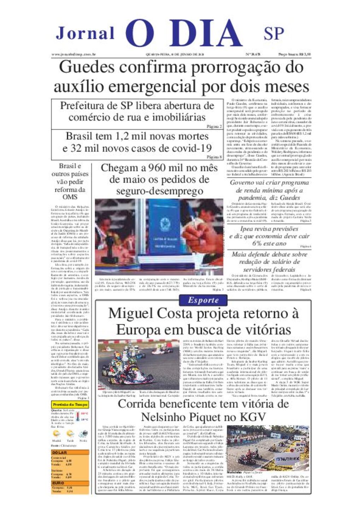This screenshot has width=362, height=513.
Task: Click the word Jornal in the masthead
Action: pyautogui.click(x=85, y=33)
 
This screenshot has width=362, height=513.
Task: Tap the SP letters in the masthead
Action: pyautogui.click(x=274, y=33)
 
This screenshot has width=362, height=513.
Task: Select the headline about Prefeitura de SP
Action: pyautogui.click(x=137, y=111)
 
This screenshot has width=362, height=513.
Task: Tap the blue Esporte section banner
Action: pyautogui.click(x=203, y=300)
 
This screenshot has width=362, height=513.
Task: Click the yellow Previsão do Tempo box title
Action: pyautogui.click(x=70, y=405)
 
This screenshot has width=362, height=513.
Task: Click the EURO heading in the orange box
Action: pyautogui.click(x=58, y=483)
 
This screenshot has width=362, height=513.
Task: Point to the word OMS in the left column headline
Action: pyautogui.click(x=70, y=197)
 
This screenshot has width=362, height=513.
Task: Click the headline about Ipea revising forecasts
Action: pyautogui.click(x=269, y=236)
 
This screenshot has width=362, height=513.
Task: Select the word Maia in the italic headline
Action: pyautogui.click(x=240, y=254)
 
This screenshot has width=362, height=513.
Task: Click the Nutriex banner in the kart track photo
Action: pyautogui.click(x=287, y=459)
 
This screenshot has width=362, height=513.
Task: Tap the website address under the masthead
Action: pyautogui.click(x=74, y=55)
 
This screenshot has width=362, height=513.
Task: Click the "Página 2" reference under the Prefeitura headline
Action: pyautogui.click(x=214, y=126)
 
